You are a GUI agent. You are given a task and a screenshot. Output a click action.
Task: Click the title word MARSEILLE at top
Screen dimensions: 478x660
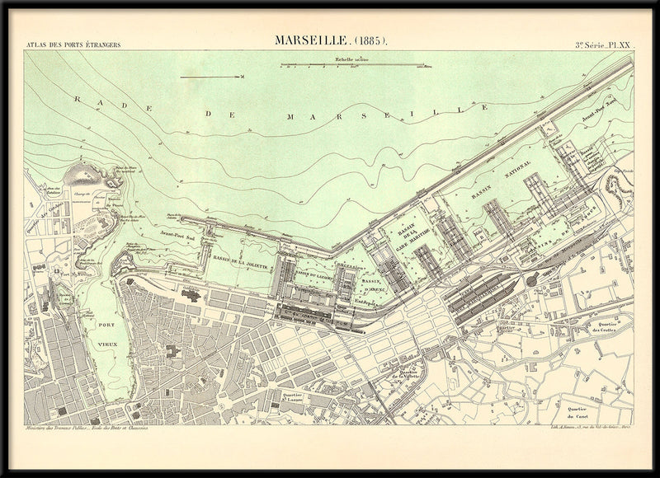pyautogui.click(x=310, y=40)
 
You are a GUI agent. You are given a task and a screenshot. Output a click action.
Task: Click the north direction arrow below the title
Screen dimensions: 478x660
pyautogui.click(x=211, y=77)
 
